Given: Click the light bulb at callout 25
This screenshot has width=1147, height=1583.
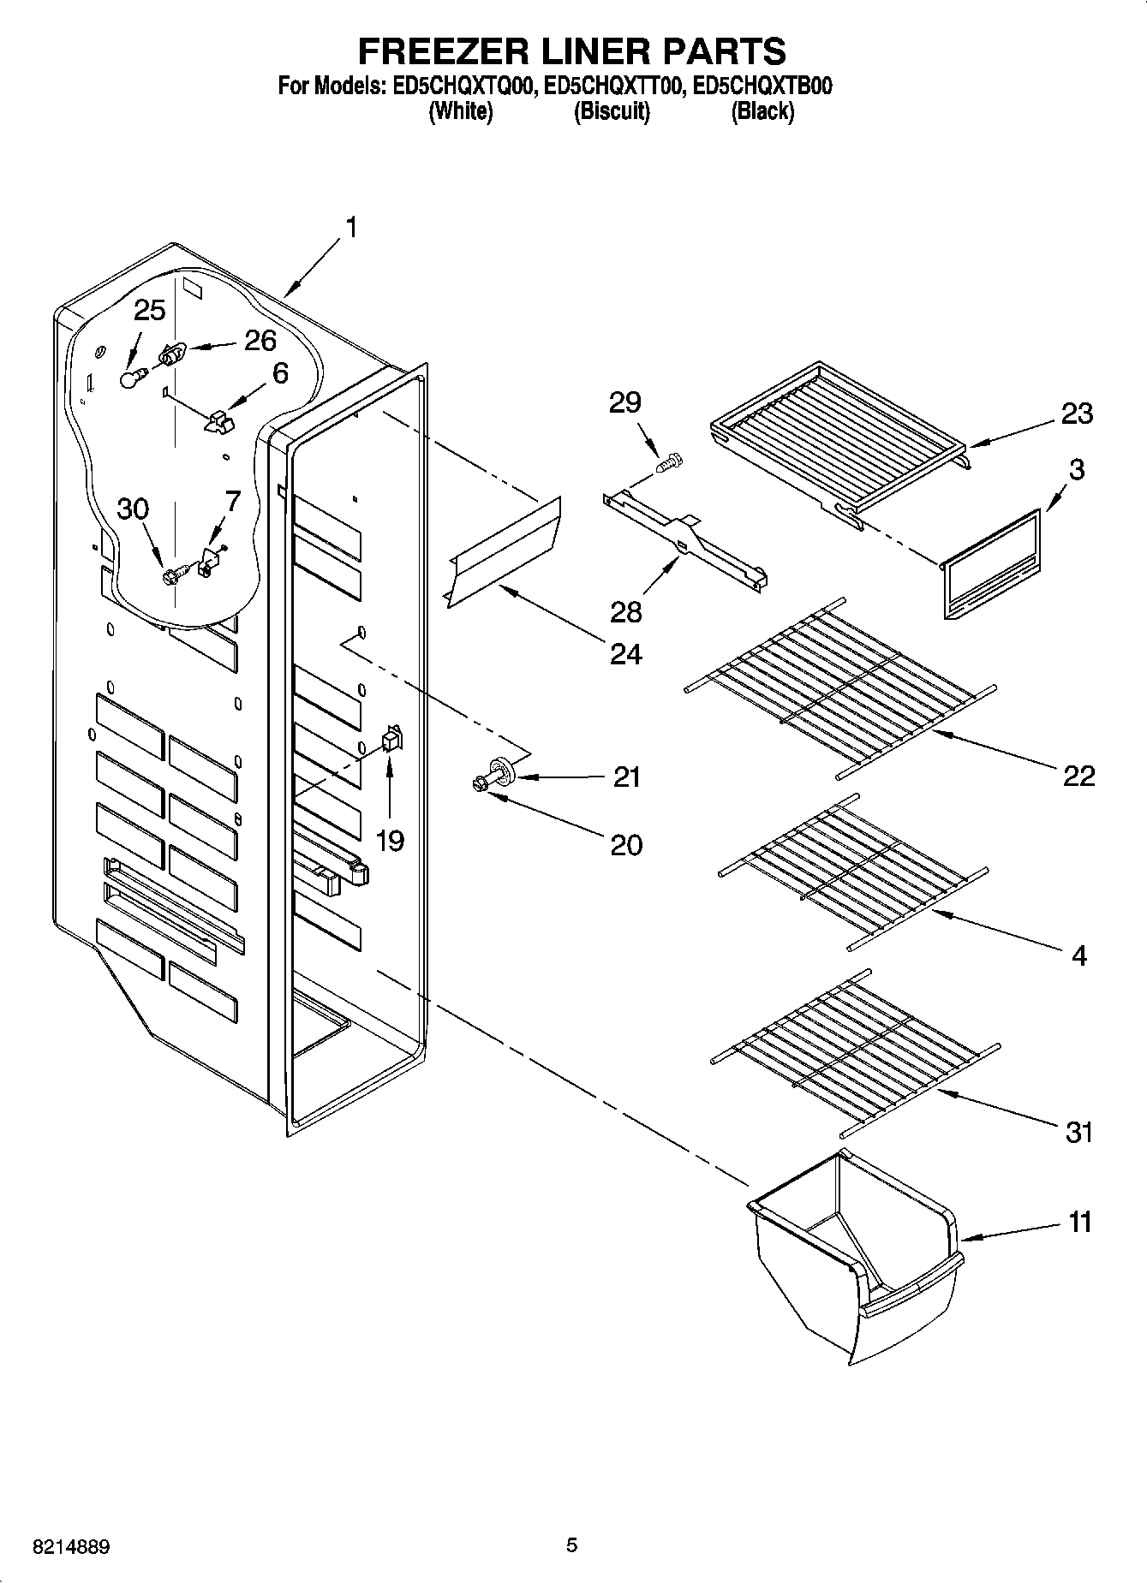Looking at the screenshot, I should [x=128, y=378].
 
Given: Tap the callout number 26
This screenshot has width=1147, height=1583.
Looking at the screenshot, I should [x=260, y=341].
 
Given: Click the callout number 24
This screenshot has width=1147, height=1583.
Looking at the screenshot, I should [x=625, y=654].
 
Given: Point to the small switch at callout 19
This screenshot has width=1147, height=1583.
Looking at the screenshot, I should [x=391, y=738].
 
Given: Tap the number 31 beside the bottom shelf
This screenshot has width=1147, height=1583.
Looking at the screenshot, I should [x=1078, y=1133].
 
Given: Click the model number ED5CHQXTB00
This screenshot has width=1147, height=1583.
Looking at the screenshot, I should [x=762, y=86].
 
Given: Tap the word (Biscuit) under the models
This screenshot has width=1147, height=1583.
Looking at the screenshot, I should [x=611, y=111].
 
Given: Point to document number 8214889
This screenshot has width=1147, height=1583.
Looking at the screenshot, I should [x=71, y=1547].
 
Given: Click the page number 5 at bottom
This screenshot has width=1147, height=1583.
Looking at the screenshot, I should [x=571, y=1545].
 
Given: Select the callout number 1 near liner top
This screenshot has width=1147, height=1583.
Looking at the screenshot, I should [x=349, y=228].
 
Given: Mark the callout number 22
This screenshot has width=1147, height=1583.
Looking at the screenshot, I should [x=1078, y=776].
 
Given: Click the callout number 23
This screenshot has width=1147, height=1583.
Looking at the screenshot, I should [x=1077, y=414].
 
